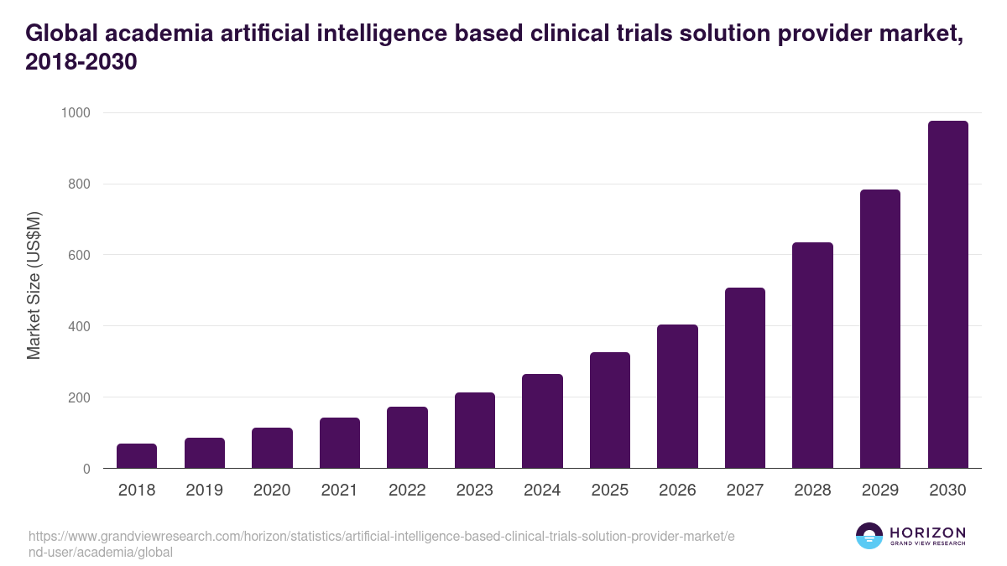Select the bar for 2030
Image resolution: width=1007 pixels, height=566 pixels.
[x=947, y=294]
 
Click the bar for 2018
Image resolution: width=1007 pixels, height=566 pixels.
[x=137, y=456]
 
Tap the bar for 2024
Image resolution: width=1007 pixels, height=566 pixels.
[x=542, y=421]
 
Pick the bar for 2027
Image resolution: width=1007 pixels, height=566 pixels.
[x=745, y=378]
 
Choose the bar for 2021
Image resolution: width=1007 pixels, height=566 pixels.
[x=340, y=443]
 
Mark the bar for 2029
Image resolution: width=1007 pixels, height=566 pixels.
[x=880, y=329]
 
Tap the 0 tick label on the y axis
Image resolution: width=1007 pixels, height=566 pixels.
[x=86, y=469]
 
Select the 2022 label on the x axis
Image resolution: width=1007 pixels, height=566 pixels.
[x=407, y=491]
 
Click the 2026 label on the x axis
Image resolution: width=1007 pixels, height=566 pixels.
[x=677, y=491]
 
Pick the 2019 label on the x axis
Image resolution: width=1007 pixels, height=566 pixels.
[x=204, y=491]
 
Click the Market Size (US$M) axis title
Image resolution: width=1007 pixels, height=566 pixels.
[x=34, y=286]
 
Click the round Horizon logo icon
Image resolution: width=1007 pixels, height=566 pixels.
[x=869, y=536]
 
